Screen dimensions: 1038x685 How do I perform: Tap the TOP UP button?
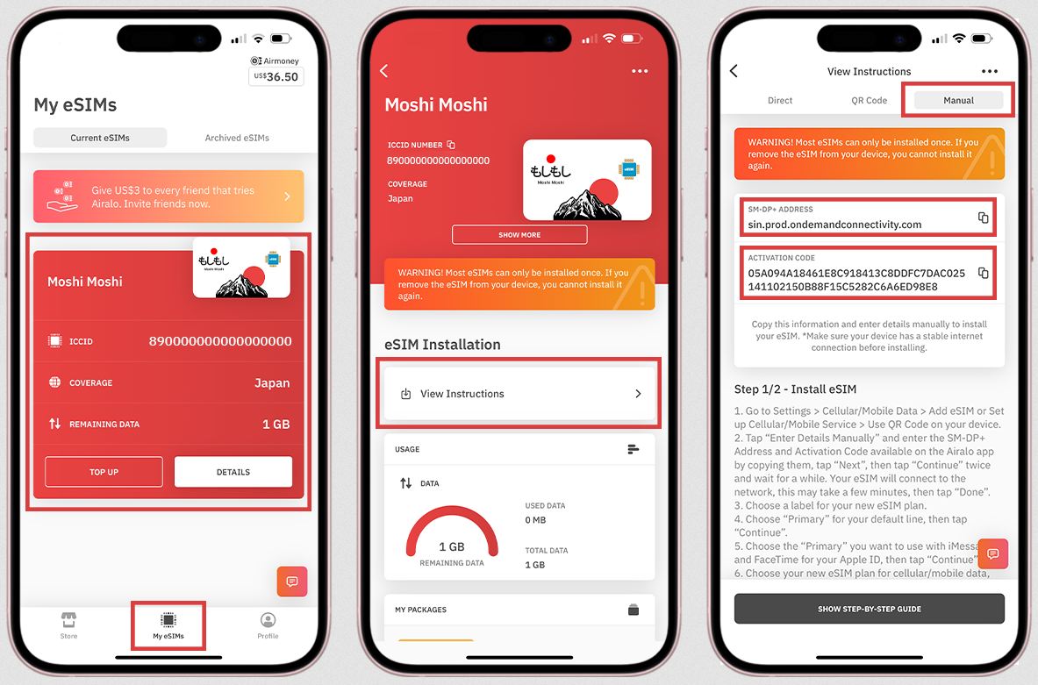[x=104, y=472]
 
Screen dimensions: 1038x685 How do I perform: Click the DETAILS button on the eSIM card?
[x=233, y=472]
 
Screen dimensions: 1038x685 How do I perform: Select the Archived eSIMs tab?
[x=237, y=138]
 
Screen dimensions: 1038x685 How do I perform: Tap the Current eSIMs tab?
[x=100, y=138]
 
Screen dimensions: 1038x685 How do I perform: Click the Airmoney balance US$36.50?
[x=276, y=77]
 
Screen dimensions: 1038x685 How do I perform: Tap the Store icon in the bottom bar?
[x=68, y=624]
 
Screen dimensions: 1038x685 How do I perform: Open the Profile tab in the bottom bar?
[x=268, y=624]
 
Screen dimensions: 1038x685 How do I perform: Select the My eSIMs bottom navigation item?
[x=168, y=625]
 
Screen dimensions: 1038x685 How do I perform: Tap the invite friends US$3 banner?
[x=168, y=196]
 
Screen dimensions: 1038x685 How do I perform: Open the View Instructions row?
[x=519, y=394]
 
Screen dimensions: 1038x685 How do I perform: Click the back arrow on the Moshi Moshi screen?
[x=384, y=71]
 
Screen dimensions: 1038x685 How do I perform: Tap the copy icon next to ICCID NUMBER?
[x=451, y=145]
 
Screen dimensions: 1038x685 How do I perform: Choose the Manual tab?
[x=958, y=101]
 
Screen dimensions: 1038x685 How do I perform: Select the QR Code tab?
[x=870, y=101]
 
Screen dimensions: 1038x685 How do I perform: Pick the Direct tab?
[x=780, y=101]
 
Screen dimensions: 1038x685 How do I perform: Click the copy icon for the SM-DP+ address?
[x=983, y=218]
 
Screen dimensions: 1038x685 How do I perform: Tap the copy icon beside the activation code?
[x=983, y=273]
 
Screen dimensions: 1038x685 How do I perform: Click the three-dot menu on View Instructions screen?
[x=990, y=71]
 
